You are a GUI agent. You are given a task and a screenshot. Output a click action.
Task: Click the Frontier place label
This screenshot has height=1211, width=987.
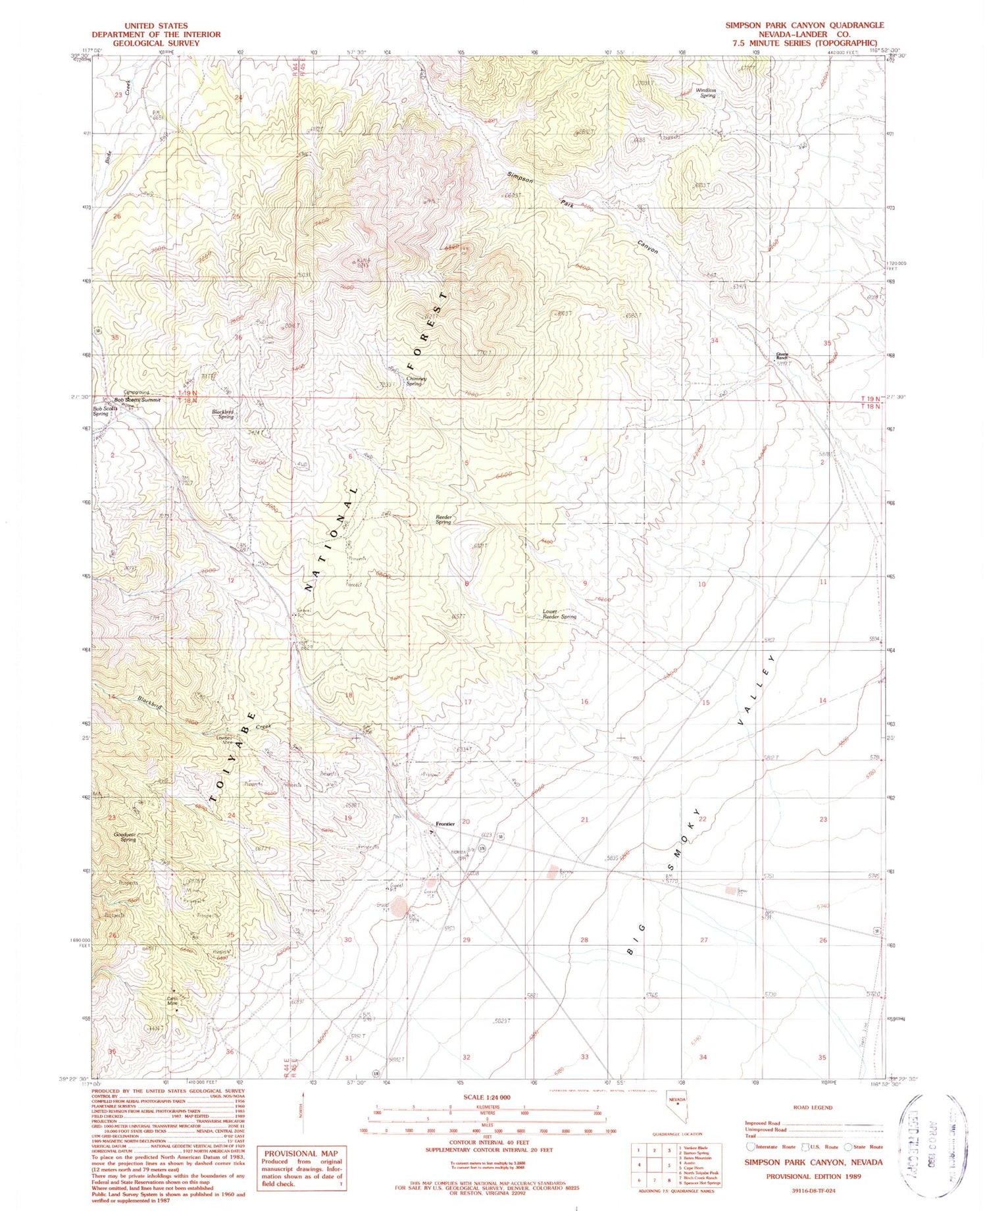(x=445, y=824)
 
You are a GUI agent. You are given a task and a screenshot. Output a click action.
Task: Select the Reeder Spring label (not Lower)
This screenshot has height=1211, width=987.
(x=443, y=520)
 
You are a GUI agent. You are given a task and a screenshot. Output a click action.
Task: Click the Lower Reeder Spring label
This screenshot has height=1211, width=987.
(x=559, y=614)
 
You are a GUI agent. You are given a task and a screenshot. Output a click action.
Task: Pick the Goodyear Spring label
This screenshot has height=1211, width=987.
(x=125, y=837)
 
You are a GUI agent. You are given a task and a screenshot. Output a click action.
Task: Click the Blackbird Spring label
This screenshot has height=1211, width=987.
(x=223, y=415)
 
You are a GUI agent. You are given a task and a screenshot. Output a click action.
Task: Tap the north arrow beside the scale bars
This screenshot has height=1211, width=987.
(x=303, y=1112)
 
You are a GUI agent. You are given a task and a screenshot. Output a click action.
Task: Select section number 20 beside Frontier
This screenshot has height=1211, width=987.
(x=466, y=821)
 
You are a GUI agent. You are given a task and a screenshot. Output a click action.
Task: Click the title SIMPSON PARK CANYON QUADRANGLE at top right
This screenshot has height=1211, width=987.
(x=804, y=25)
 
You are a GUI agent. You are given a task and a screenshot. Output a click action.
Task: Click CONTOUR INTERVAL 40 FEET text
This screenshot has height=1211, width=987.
(x=488, y=1142)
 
